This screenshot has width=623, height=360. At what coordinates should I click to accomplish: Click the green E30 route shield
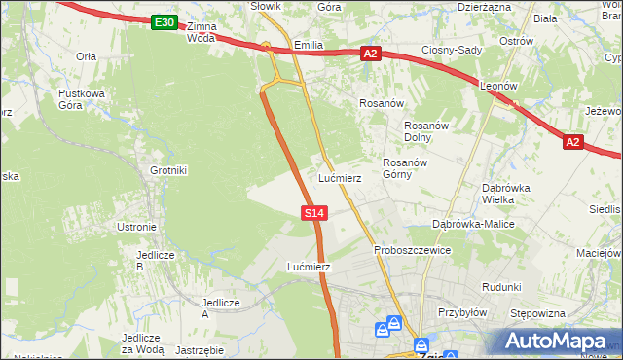(x=165, y=22)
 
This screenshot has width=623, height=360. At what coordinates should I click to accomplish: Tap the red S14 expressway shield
(x=312, y=212)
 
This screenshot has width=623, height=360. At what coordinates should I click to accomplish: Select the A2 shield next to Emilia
(x=370, y=54)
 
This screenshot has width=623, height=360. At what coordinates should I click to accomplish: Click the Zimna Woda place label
(x=201, y=32)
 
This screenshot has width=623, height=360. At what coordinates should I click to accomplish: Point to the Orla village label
(x=87, y=56)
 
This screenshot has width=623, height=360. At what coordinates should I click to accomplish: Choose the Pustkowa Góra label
(x=82, y=99)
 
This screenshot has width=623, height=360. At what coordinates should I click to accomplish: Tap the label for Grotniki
(x=168, y=170)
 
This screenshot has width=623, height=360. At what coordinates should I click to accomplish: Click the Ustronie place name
(x=136, y=227)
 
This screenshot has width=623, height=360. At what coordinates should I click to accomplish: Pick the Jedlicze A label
(x=219, y=307)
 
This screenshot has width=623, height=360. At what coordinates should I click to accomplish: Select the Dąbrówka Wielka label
(x=505, y=194)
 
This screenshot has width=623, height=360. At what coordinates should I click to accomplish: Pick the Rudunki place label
(x=501, y=287)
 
